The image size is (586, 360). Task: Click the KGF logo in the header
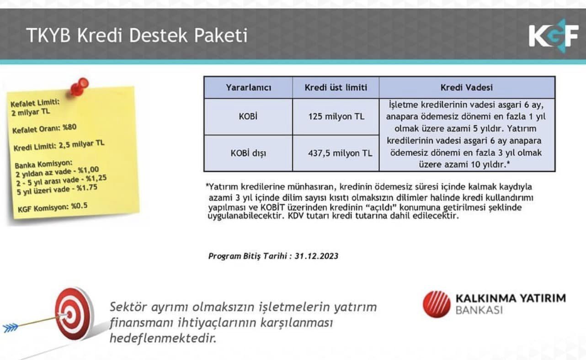click(x=553, y=36)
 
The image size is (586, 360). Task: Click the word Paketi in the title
click(x=221, y=35)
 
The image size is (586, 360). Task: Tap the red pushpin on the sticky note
click(x=79, y=86)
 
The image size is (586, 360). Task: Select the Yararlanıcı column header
click(x=248, y=88)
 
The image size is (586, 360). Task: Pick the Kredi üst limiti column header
click(x=336, y=88)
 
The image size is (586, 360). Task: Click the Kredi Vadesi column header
click(x=467, y=88)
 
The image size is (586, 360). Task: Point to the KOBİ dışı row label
click(x=248, y=153)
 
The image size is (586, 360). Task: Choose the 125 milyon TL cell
click(x=336, y=116)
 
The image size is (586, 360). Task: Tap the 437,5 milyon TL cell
click(x=340, y=153)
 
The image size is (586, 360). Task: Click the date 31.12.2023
click(x=317, y=256)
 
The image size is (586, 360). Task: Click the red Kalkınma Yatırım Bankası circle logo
click(x=437, y=304)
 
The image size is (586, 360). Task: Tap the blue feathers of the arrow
click(x=11, y=328)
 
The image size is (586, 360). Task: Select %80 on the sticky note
click(x=69, y=127)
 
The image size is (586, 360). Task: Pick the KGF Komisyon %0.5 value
click(x=79, y=206)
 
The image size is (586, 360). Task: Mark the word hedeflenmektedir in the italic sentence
click(x=163, y=339)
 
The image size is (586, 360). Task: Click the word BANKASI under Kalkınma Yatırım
click(x=479, y=310)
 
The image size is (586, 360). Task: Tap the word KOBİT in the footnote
click(x=272, y=207)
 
